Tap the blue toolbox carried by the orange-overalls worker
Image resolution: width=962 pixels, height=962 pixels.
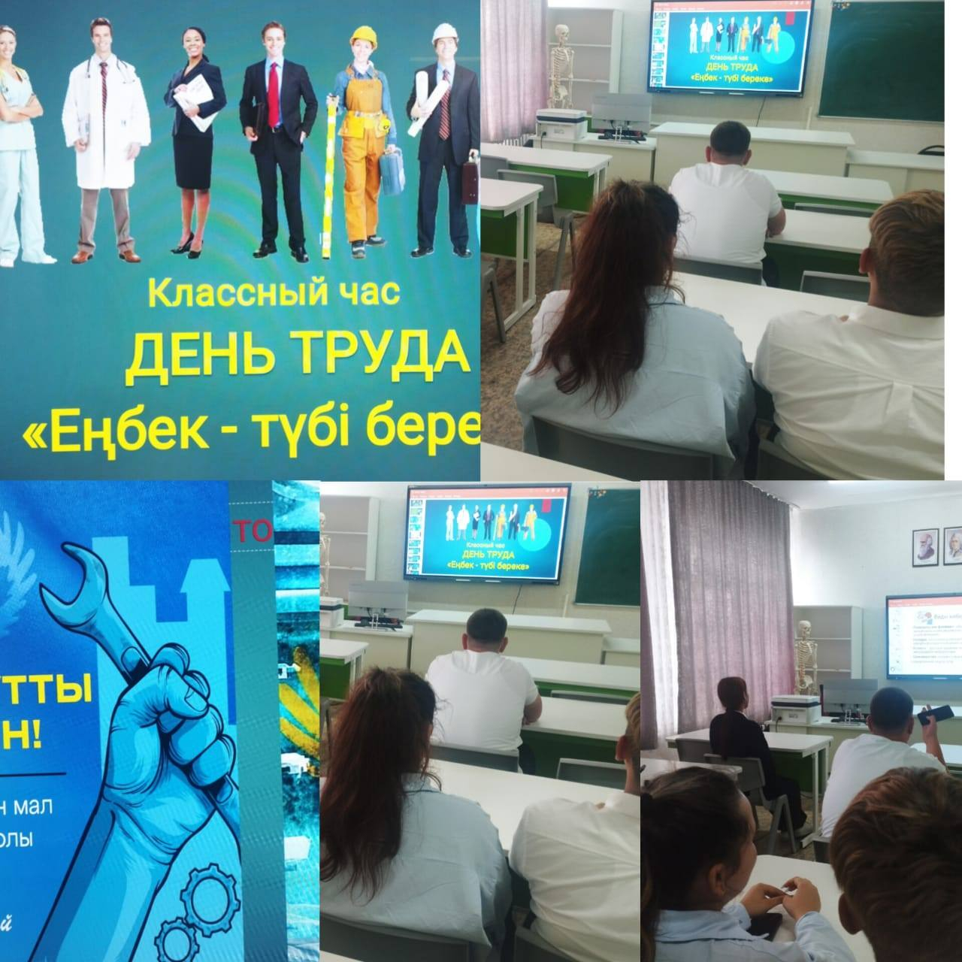point(391,173)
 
